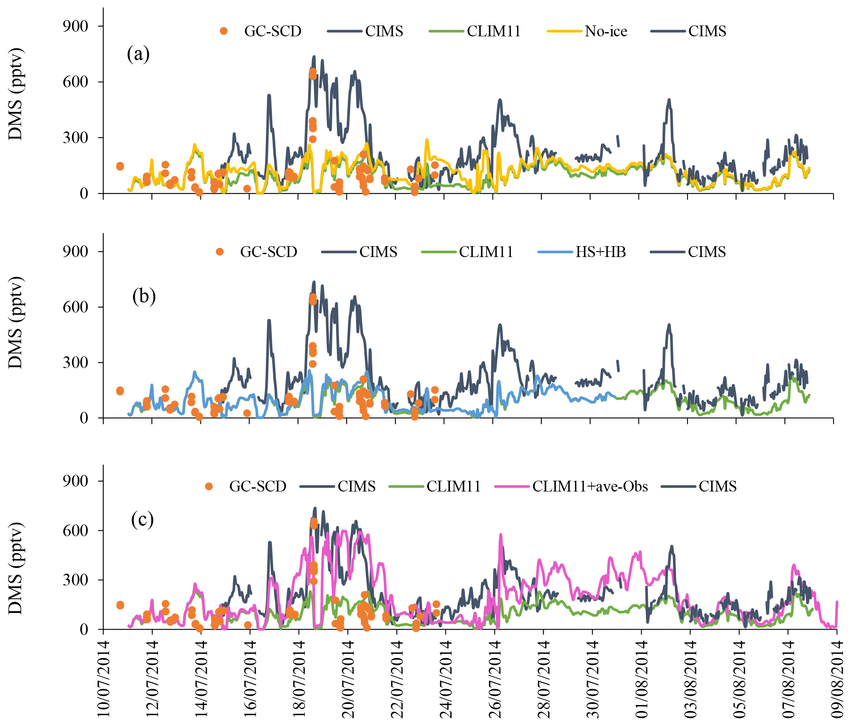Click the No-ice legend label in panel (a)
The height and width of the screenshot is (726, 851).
click(x=605, y=31)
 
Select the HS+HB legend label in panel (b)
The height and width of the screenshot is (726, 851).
click(x=600, y=252)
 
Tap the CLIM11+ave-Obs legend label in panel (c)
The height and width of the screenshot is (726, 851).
click(x=590, y=487)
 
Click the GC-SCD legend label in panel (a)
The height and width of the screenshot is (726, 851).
click(x=273, y=31)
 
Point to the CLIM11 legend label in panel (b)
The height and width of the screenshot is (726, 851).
click(x=486, y=252)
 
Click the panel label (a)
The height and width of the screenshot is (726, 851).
click(x=138, y=54)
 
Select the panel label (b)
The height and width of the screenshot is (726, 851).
click(x=144, y=296)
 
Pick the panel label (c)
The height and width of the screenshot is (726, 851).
click(x=142, y=520)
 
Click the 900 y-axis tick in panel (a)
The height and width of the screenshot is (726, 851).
click(x=75, y=26)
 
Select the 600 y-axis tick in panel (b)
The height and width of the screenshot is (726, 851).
click(x=75, y=307)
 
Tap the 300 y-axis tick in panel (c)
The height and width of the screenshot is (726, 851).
click(x=75, y=580)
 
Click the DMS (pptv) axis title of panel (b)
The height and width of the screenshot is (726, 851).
click(x=16, y=322)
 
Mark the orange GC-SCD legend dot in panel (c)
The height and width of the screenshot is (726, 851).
click(x=209, y=487)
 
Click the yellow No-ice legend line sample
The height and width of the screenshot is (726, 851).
click(x=564, y=31)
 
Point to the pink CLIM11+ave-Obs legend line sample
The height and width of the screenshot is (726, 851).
click(x=512, y=487)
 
